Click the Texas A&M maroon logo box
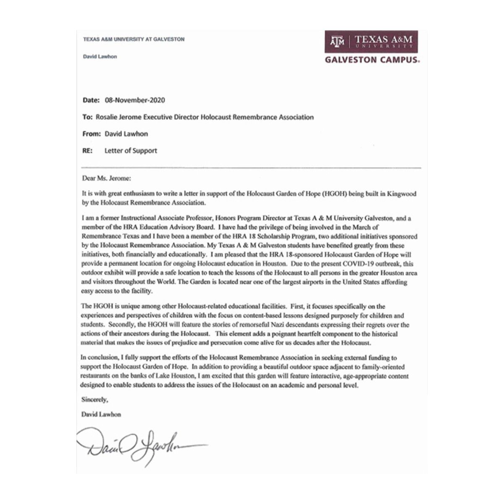371,41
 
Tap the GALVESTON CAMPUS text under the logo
372,60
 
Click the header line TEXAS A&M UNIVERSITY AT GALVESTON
134,39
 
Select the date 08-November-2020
135,100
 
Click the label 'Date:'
91,100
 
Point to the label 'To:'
87,117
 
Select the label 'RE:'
88,150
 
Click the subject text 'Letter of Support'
131,150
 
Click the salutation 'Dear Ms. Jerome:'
107,178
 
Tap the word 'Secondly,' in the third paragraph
122,325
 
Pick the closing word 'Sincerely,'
94,400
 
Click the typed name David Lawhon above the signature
101,414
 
